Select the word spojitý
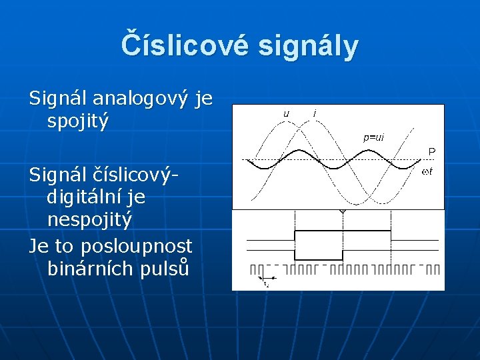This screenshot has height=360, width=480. coord(78,121)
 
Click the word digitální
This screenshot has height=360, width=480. coord(87,197)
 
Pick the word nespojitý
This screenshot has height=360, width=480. coord(90,219)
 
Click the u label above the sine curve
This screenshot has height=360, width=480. coord(286,113)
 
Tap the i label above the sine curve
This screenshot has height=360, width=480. coord(314,113)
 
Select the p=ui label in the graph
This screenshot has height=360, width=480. coord(373,137)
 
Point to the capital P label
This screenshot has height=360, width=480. coord(431,152)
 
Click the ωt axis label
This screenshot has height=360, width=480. coord(427,173)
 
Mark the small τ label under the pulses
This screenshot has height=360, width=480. coord(266,285)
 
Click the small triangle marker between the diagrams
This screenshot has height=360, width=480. coord(343,212)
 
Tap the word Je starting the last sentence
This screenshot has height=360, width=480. coord(39,245)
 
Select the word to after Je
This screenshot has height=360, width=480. coord(63,245)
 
